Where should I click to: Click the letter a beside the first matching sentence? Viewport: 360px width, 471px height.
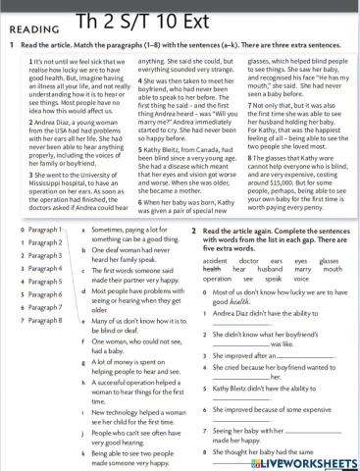(83, 229)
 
